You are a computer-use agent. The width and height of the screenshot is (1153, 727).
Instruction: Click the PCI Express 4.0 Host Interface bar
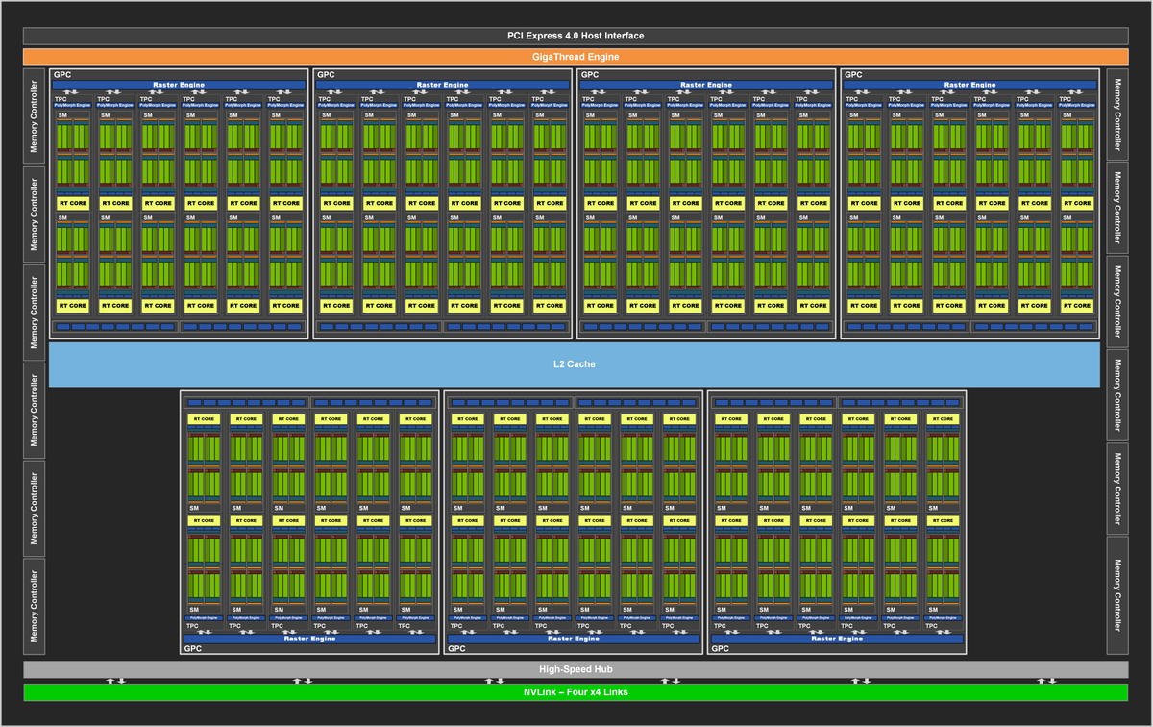coord(576,36)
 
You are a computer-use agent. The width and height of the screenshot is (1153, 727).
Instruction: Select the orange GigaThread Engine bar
coord(576,57)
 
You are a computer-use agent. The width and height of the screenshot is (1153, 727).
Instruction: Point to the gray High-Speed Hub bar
coord(576,669)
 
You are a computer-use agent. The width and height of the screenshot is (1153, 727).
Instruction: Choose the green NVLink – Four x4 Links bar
coord(576,692)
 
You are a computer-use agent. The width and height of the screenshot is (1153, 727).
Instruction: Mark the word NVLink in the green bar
coord(539,692)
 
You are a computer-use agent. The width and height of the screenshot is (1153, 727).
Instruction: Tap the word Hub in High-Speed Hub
coord(602,669)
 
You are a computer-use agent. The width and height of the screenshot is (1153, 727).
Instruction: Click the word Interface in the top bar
coord(622,36)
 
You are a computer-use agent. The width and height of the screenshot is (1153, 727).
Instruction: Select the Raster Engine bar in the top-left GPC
coord(179,85)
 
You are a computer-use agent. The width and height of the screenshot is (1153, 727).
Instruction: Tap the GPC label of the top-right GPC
coord(853,74)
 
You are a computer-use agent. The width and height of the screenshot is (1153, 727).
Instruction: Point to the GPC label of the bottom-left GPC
coord(192,648)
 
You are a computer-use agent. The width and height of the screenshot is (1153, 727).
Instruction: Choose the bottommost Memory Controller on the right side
coord(1116,605)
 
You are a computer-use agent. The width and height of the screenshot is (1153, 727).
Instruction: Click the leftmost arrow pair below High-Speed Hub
coord(115,681)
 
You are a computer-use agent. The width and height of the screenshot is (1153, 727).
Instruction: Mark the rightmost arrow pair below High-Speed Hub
coord(1044,681)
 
